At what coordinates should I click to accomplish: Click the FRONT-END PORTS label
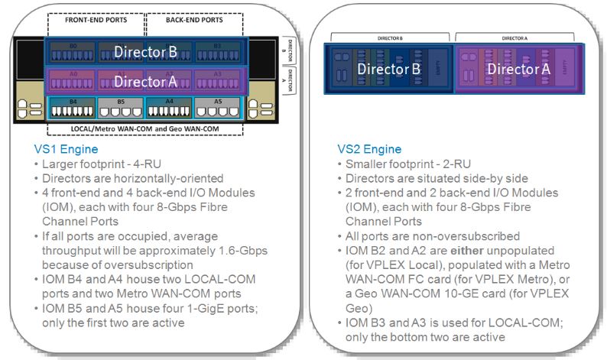95,20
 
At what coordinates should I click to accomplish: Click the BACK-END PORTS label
193,20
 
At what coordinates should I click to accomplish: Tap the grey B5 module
120,107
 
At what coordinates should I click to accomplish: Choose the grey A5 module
217,107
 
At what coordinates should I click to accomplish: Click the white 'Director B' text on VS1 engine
145,52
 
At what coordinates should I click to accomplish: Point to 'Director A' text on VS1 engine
145,81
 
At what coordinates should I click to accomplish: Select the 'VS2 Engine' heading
369,149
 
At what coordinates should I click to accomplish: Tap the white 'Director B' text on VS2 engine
390,70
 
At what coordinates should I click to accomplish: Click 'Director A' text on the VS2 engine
518,70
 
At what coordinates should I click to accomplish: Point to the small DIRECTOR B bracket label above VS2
391,36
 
